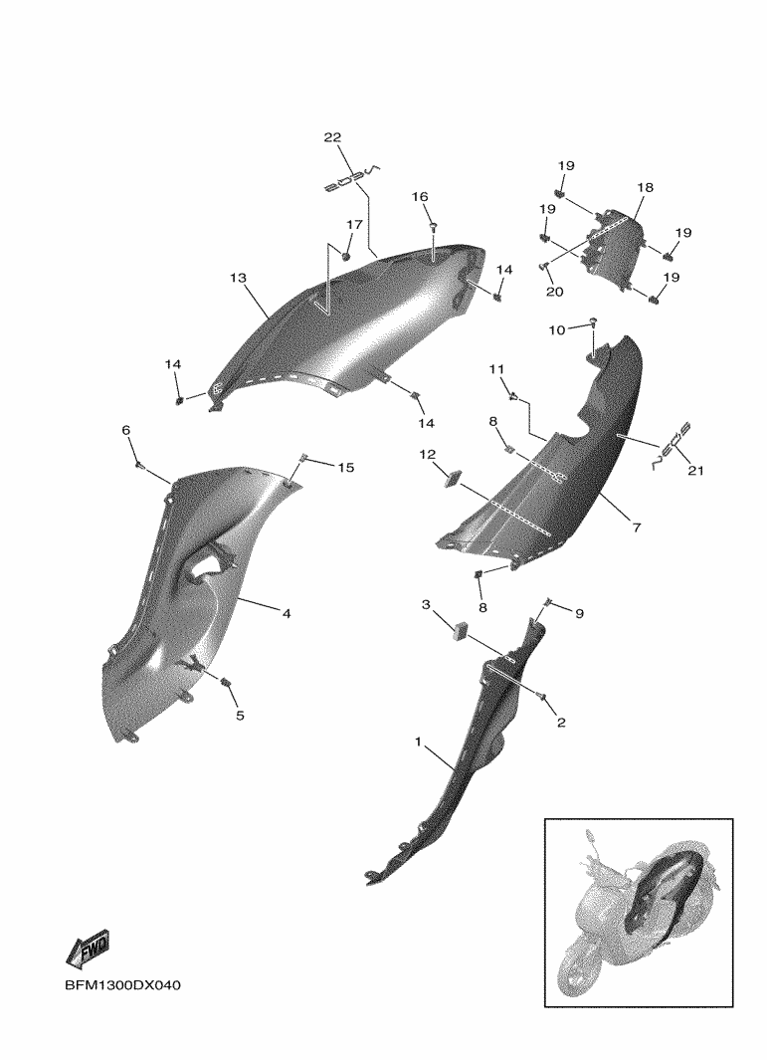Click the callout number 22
(332, 137)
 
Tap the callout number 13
(238, 278)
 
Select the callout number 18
(646, 187)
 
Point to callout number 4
(287, 614)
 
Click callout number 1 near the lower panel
(418, 742)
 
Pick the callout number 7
(637, 528)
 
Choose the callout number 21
(695, 471)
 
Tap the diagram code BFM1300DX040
(123, 985)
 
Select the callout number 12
(427, 454)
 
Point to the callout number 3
(427, 604)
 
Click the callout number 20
(554, 292)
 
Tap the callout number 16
(420, 197)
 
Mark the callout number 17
(355, 224)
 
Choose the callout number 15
(345, 468)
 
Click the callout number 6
(125, 430)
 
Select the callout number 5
(240, 716)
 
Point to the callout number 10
(557, 329)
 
